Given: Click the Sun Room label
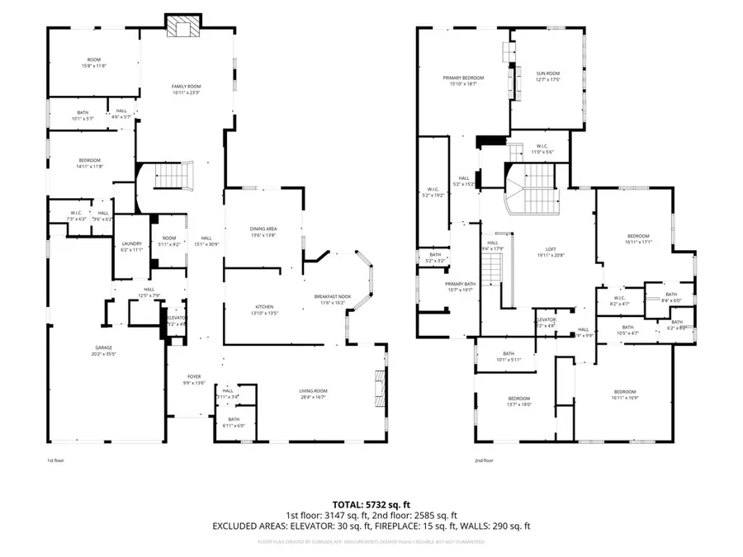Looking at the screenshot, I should coord(547,76).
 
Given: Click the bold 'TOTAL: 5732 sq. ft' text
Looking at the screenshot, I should coord(371,503).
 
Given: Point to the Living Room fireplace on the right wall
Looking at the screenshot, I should coord(380,385).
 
